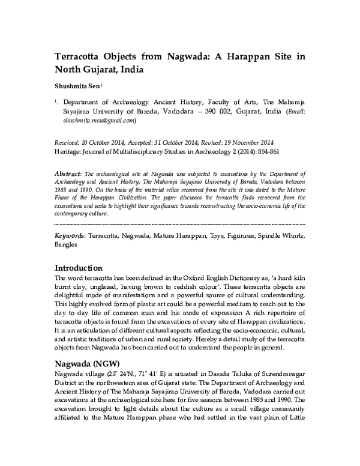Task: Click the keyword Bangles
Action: [x=67, y=245]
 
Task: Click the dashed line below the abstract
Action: [x=180, y=224]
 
